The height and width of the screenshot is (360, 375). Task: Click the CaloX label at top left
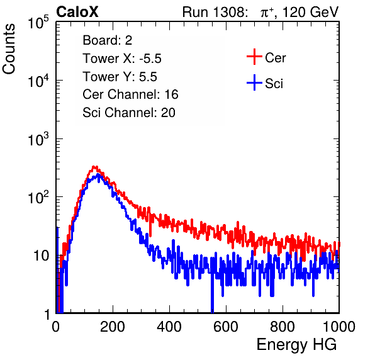tap(77, 12)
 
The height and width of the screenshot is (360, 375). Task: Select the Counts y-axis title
tap(9, 49)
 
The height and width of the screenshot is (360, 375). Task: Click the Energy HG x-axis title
tap(296, 345)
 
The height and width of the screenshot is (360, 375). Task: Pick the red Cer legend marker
tap(254, 57)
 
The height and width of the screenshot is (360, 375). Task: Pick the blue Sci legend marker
tap(254, 82)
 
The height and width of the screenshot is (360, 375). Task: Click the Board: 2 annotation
tap(108, 40)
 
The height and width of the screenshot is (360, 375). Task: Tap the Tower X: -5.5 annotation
tap(122, 59)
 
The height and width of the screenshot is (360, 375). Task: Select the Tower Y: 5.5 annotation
tap(120, 77)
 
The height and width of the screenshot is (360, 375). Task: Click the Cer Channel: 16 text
tap(130, 94)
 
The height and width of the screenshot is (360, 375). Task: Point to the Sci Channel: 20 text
tap(129, 113)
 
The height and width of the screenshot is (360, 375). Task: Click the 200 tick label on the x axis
tap(113, 327)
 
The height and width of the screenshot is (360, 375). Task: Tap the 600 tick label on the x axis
tap(226, 327)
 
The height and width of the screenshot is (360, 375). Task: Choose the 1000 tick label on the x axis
tap(339, 327)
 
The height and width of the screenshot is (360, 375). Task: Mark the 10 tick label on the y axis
tap(42, 256)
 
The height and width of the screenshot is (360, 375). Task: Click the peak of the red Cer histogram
tap(95, 167)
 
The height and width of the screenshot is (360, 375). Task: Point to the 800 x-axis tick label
tap(283, 327)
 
